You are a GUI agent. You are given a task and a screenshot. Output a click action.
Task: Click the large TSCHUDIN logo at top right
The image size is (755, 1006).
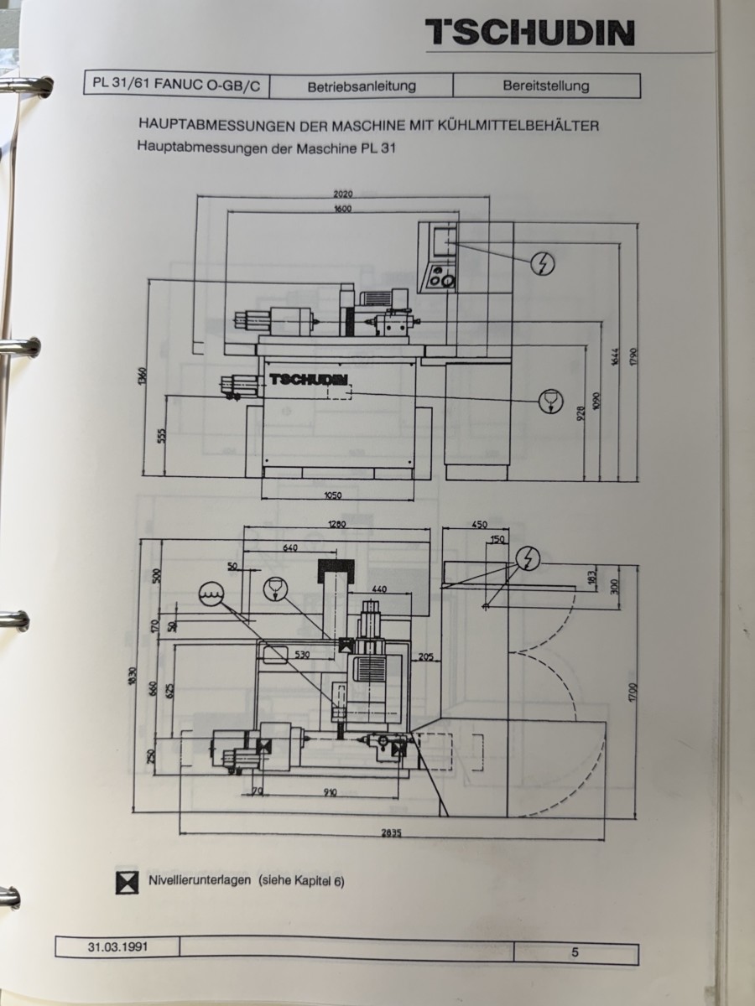coord(530,33)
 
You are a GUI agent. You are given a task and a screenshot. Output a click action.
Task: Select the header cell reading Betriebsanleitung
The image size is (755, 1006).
coord(362,86)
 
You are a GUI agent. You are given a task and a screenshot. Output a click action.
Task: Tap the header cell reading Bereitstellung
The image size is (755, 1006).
coord(546,86)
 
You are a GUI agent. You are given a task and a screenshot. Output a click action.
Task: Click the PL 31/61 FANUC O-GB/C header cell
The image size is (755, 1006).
coord(176,84)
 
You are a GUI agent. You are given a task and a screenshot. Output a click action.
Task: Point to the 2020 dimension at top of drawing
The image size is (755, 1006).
coord(343,194)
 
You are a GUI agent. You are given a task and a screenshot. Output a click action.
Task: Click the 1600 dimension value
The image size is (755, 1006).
coord(342,209)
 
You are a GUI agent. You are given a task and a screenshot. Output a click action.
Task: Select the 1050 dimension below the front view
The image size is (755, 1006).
coord(333,495)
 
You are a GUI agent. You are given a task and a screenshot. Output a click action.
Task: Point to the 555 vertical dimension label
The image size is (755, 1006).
coord(161,436)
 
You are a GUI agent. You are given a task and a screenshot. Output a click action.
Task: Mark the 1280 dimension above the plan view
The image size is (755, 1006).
coord(336,525)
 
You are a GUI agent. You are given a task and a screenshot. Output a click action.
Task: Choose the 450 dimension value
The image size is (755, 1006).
coord(480,525)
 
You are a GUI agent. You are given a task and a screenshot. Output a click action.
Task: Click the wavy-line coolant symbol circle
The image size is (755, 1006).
coord(211,594)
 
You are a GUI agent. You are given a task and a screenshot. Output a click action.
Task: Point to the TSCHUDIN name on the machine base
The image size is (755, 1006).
coord(309,379)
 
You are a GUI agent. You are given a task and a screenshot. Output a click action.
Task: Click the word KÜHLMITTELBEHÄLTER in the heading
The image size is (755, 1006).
coord(519,126)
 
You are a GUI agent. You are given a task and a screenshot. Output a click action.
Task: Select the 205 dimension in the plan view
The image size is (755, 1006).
coord(425,657)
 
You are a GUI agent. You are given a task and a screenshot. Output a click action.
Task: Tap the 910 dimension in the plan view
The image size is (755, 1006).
coord(330,792)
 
